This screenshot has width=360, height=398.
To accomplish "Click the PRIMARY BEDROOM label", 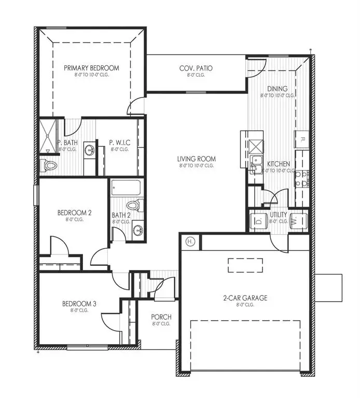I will (x=91, y=68).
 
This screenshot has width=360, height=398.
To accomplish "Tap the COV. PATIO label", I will (x=196, y=68).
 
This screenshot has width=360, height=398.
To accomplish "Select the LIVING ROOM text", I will (x=196, y=159).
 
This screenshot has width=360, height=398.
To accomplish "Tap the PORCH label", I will (x=161, y=317).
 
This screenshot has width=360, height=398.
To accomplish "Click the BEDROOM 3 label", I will (x=79, y=304).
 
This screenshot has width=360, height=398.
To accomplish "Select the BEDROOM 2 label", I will (x=74, y=212).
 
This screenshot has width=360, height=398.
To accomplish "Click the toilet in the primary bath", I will (x=49, y=165).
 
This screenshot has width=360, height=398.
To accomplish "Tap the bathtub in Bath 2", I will (x=127, y=187).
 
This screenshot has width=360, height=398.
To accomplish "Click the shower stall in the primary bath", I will (x=49, y=136).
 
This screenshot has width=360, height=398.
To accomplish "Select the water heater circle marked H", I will (x=190, y=241).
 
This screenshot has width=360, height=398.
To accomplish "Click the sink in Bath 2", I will (x=137, y=230).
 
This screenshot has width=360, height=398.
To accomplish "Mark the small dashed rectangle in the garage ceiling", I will (x=245, y=265).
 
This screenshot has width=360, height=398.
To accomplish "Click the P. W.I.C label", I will (x=119, y=143).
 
